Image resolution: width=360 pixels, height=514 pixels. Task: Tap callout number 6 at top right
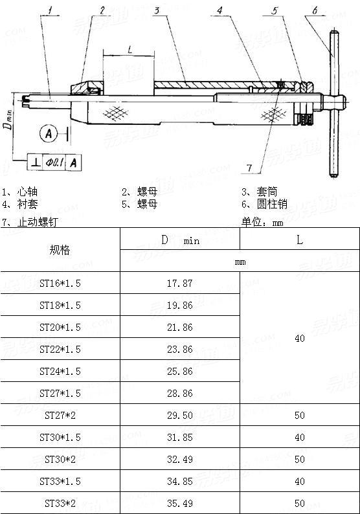(315, 10)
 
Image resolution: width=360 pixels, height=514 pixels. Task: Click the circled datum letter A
(47, 134)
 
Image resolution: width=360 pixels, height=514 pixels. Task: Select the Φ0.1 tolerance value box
(54, 162)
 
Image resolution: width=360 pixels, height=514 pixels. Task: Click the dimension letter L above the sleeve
(130, 50)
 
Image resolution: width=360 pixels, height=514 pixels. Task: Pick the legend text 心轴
(28, 192)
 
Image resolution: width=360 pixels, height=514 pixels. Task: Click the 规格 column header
(60, 250)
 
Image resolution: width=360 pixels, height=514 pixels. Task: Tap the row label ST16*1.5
(60, 284)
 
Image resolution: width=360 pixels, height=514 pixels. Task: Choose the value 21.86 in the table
(179, 328)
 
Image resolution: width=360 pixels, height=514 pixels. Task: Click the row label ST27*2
(60, 415)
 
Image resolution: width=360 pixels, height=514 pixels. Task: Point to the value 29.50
(179, 415)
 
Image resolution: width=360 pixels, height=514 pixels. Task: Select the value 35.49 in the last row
(179, 502)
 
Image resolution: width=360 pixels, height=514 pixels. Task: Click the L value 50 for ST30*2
(299, 459)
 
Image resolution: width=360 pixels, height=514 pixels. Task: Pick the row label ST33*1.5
(60, 481)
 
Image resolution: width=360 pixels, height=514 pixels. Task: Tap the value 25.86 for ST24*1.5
(179, 371)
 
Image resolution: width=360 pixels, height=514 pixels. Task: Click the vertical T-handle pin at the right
(335, 104)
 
